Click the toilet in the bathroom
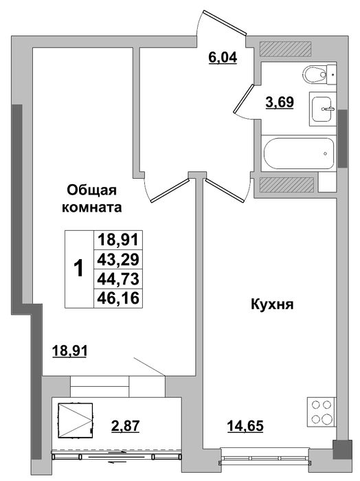[x=319, y=74]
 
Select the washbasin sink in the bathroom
[x=323, y=109]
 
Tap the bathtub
[x=298, y=153]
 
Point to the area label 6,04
[x=223, y=57]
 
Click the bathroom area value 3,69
[x=280, y=102]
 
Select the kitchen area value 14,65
[x=245, y=426]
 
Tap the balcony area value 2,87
[x=125, y=426]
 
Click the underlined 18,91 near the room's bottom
[x=70, y=350]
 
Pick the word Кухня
[x=272, y=305]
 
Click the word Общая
[x=91, y=191]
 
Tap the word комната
[x=91, y=208]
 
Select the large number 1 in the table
[x=79, y=269]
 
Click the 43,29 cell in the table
[x=118, y=260]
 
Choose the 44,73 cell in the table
[x=118, y=279]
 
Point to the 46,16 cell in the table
[x=118, y=298]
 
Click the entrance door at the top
[x=225, y=23]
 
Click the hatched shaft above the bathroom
[x=286, y=49]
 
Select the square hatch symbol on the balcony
[x=75, y=420]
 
